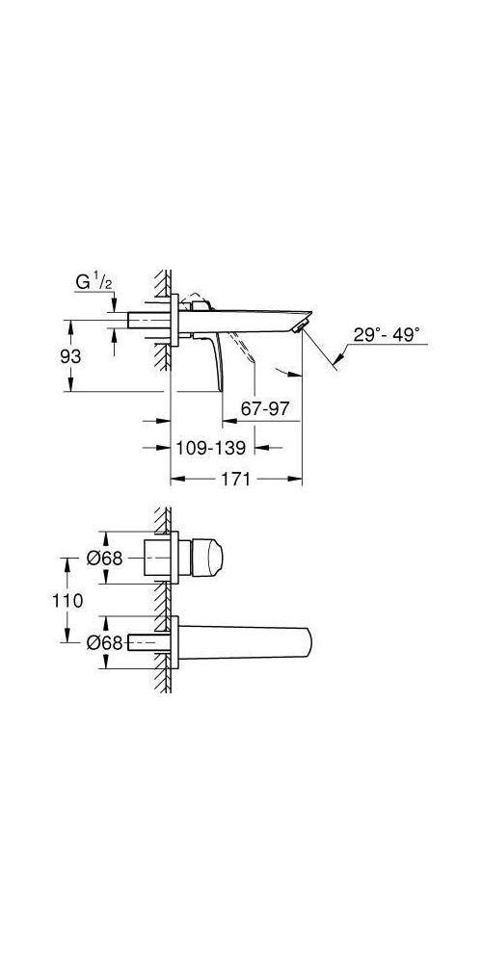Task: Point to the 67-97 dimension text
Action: click(x=265, y=408)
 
